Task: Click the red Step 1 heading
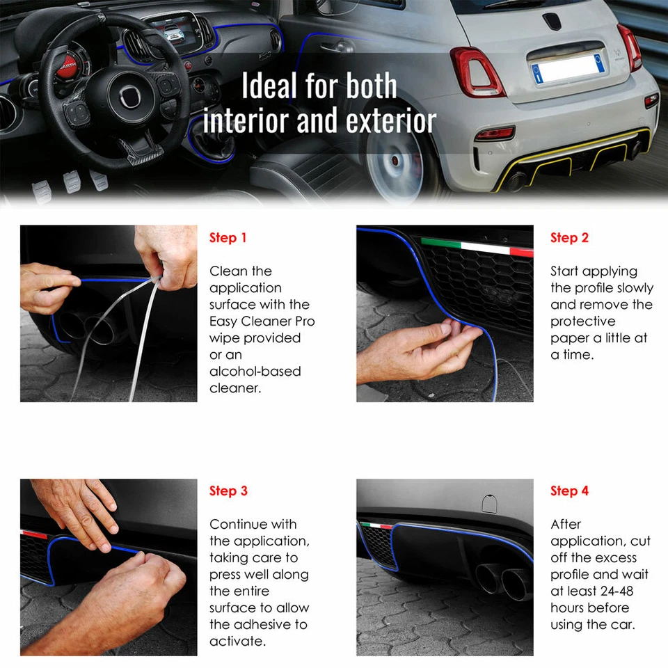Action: point(228,238)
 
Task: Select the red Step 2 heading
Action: point(569,238)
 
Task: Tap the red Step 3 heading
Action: point(228,491)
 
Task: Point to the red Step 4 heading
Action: point(569,491)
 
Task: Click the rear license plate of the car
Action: point(567,68)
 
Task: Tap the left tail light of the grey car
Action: point(477,72)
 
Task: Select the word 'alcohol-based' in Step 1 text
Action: point(255,372)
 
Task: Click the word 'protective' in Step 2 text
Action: point(583,321)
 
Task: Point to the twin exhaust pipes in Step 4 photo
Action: point(501,579)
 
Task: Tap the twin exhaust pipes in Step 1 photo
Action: point(87,327)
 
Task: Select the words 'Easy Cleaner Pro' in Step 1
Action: point(262,321)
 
